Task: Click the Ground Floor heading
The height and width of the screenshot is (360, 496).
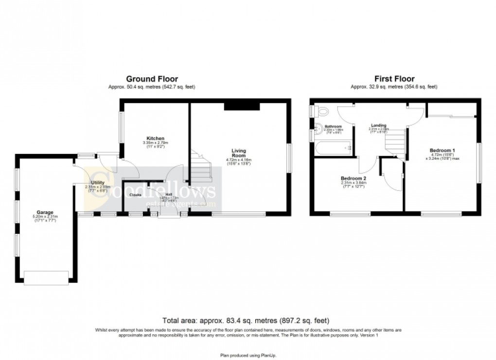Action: (x=152, y=79)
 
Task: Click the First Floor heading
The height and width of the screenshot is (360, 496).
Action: (x=394, y=79)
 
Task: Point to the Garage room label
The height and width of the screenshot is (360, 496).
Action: (x=44, y=212)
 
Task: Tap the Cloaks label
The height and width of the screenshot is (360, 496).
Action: (x=136, y=195)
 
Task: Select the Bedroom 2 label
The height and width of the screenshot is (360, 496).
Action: (x=354, y=178)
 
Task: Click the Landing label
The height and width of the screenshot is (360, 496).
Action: (x=379, y=124)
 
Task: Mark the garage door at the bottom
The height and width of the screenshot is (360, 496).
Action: (x=46, y=278)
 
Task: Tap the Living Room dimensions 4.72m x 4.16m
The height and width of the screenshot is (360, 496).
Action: (x=239, y=160)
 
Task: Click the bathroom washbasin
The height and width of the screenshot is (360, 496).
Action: (x=317, y=129)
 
